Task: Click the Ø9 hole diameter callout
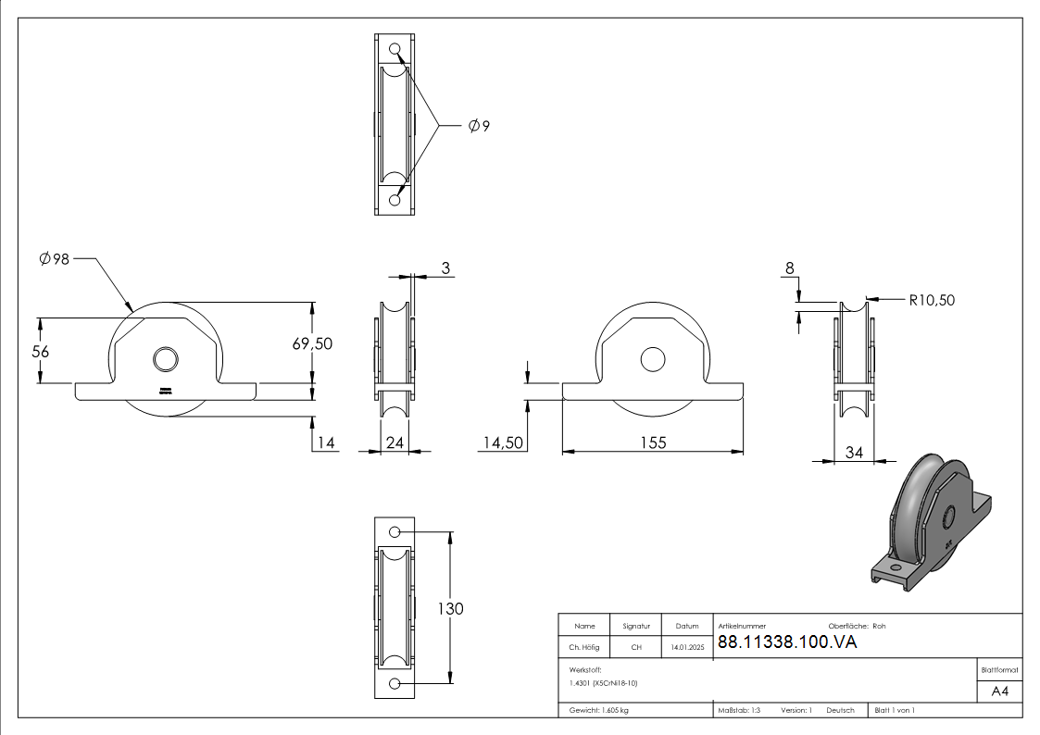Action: (479, 126)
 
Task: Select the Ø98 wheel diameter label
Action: (55, 260)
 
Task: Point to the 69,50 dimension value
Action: (312, 343)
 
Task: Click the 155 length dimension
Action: (653, 442)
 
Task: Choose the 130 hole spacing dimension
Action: (450, 608)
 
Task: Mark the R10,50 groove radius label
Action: (931, 300)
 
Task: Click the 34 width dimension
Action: (854, 452)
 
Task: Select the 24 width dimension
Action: (395, 442)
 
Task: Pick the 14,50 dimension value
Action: (503, 442)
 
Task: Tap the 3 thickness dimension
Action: (445, 268)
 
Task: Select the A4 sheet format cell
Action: (999, 691)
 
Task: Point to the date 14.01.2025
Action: (686, 647)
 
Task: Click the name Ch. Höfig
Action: (584, 647)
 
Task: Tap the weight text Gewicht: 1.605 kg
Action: (599, 710)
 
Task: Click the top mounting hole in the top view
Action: (395, 49)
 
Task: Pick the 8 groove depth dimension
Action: (789, 268)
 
